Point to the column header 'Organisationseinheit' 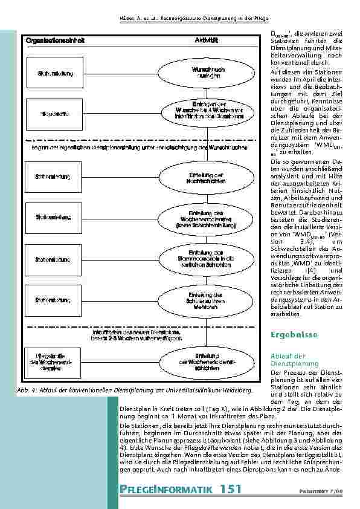point(56,40)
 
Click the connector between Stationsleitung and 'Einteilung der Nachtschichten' point(121,176)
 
